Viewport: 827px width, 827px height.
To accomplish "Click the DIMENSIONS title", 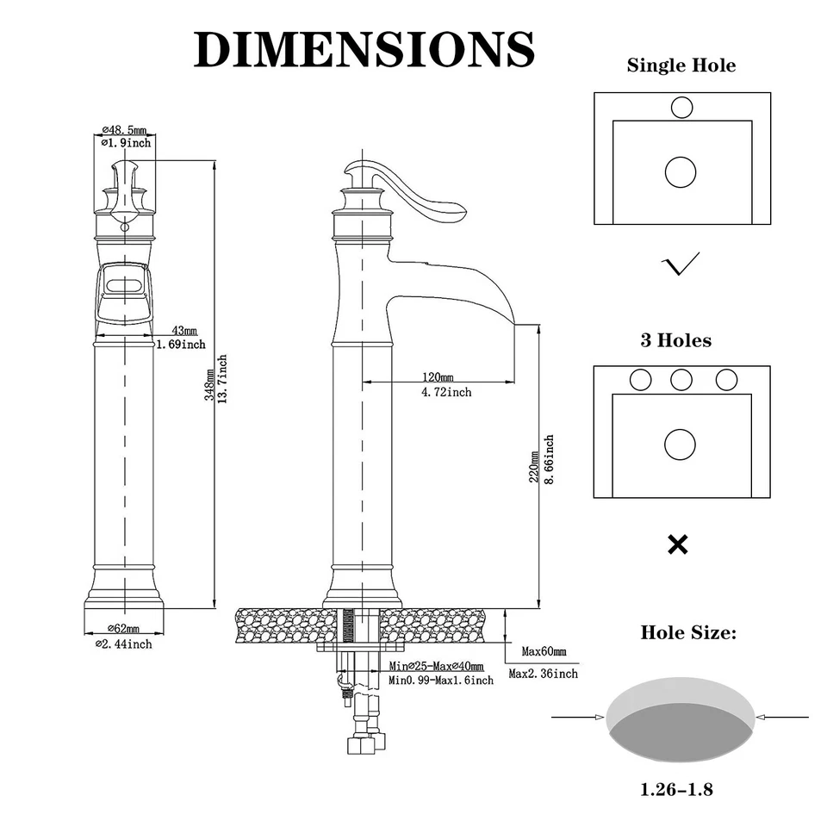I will tap(364, 49).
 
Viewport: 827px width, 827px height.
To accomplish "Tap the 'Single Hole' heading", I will tap(681, 65).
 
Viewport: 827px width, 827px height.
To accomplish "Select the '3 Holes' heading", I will tap(675, 340).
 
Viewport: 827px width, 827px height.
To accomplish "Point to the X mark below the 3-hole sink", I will tap(678, 544).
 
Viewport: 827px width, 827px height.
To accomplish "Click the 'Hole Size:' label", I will tap(687, 633).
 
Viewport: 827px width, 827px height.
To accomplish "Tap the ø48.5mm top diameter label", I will tap(124, 130).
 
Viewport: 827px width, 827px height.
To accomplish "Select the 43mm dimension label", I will tap(183, 331).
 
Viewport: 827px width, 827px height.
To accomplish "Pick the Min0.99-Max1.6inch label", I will tap(440, 681).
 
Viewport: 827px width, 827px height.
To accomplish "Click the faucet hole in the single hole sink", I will tap(681, 108).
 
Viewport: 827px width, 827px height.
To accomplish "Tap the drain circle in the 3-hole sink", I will tap(680, 445).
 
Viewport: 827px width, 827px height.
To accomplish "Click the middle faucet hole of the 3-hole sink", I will tap(681, 380).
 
